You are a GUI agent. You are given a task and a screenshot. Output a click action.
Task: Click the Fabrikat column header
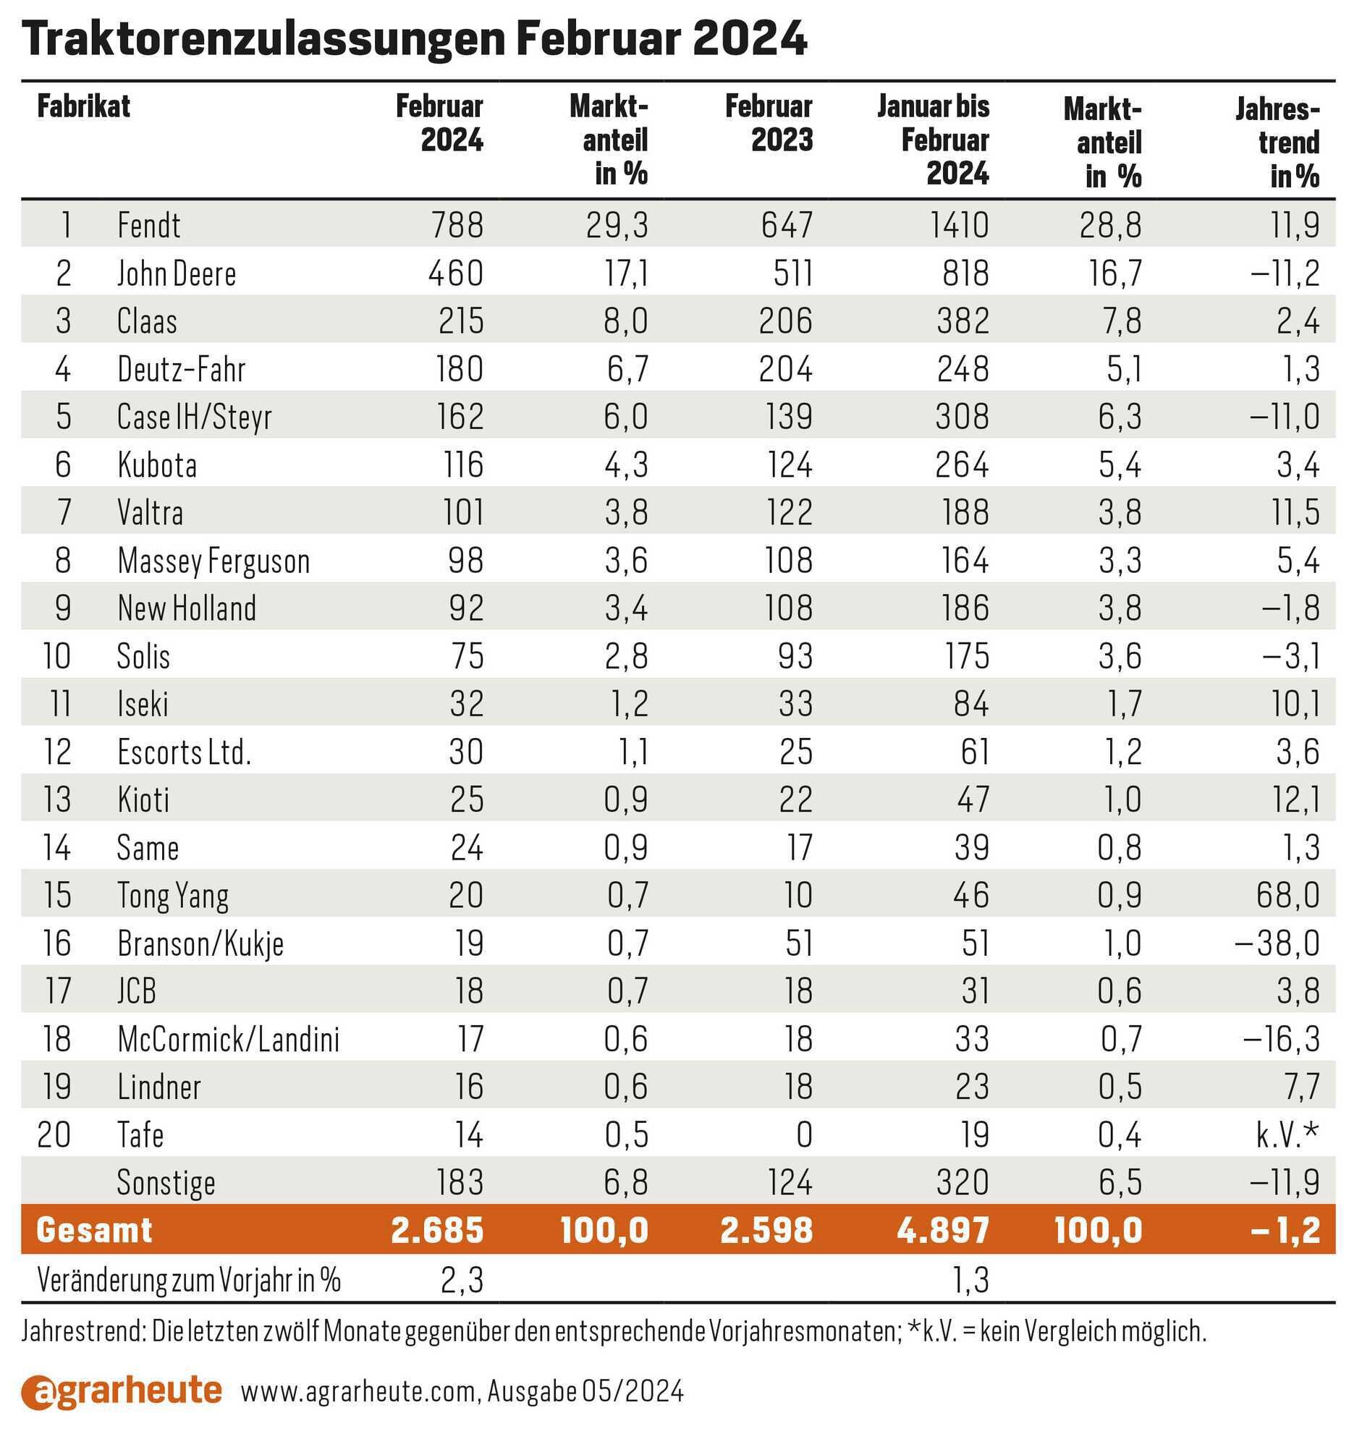(x=84, y=106)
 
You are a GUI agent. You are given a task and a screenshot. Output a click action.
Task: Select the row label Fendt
(x=148, y=225)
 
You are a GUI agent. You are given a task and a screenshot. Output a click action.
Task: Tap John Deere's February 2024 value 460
(x=456, y=273)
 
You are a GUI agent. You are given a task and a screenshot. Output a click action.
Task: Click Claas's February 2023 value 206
(x=785, y=321)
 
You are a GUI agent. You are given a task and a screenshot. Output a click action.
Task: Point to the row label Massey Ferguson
(x=214, y=561)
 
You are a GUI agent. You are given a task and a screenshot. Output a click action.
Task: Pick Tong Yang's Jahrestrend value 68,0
(x=1287, y=895)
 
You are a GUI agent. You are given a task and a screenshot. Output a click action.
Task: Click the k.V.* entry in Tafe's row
(x=1287, y=1134)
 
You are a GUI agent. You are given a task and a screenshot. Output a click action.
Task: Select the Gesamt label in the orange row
(x=95, y=1230)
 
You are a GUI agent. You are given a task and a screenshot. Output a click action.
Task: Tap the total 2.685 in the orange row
(x=438, y=1230)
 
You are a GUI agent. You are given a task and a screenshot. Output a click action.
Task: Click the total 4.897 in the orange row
(x=944, y=1230)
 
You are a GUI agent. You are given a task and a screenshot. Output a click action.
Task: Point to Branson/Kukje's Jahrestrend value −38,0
(x=1277, y=943)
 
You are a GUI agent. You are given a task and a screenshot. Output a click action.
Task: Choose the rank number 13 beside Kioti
(x=57, y=800)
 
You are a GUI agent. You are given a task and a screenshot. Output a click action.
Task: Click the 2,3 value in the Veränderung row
(x=462, y=1281)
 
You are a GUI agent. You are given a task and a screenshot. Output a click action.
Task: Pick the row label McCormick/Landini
(x=229, y=1040)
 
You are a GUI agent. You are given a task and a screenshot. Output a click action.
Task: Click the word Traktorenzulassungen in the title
(x=263, y=39)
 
